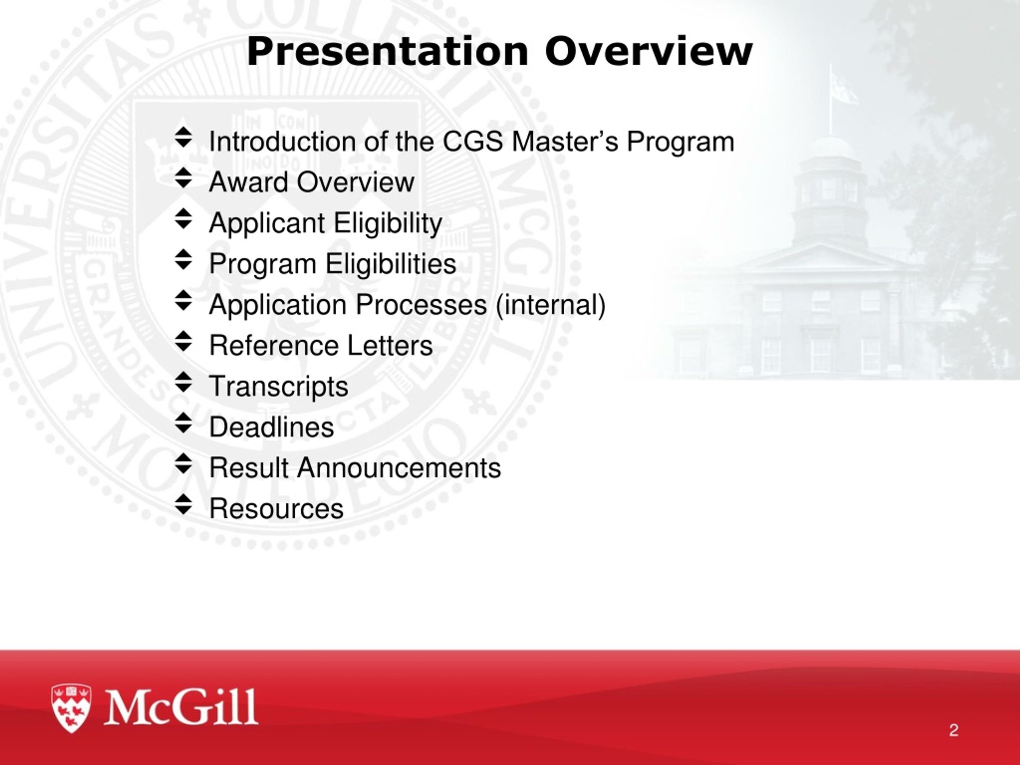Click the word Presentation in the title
(387, 52)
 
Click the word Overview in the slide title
(648, 52)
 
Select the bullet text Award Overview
(312, 182)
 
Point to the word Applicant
(267, 224)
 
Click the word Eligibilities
(391, 264)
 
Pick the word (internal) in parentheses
(551, 305)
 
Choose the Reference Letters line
(321, 345)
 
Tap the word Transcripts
(279, 386)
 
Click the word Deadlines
(272, 427)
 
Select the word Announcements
(399, 468)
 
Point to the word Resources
(276, 509)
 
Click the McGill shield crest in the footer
(71, 708)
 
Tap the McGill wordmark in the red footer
(181, 707)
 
